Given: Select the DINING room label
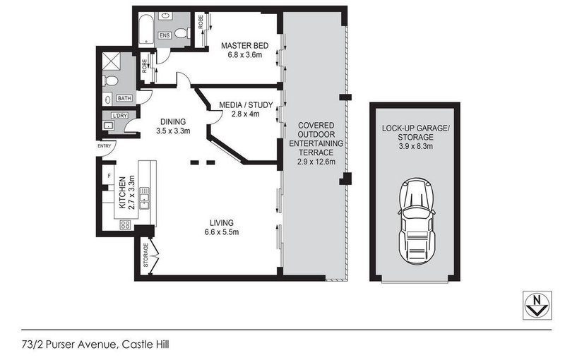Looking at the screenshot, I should [x=172, y=120].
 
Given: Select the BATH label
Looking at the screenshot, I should [x=124, y=99].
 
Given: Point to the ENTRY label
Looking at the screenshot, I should [x=105, y=147].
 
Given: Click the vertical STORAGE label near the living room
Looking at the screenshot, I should [x=145, y=255].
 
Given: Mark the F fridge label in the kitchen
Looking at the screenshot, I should [x=108, y=174].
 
